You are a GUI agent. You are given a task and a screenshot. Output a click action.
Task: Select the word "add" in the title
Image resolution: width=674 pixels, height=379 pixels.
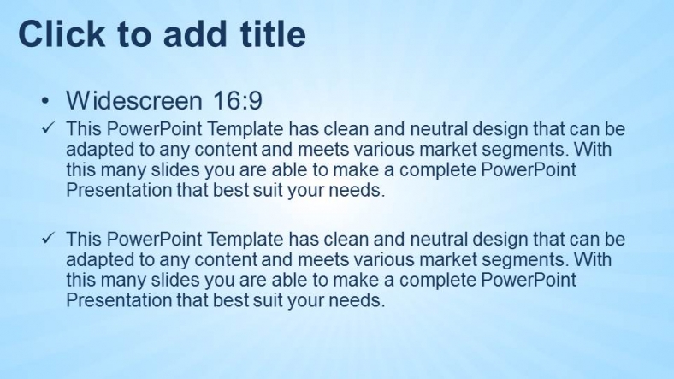[x=188, y=34]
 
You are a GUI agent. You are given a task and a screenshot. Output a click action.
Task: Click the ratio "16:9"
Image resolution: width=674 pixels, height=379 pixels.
[x=237, y=101]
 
